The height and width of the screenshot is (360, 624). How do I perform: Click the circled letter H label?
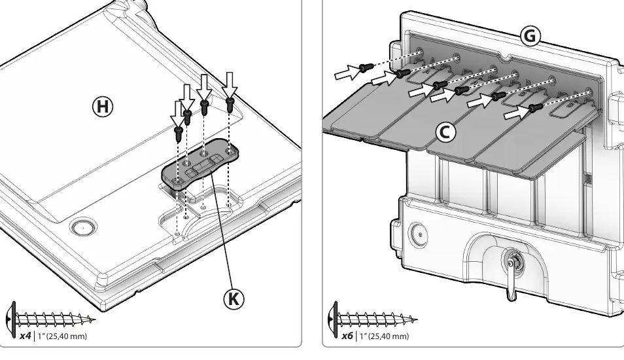(x=103, y=107)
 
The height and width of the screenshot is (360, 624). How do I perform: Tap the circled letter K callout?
(x=234, y=298)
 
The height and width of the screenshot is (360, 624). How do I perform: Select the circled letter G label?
(x=530, y=36)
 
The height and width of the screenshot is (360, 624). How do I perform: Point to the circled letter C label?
(x=445, y=132)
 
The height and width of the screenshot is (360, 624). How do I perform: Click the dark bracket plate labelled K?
(x=200, y=163)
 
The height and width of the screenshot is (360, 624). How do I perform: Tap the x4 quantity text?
(x=25, y=336)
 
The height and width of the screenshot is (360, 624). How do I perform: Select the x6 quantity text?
(x=347, y=336)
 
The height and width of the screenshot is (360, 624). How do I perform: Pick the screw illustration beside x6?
(x=373, y=319)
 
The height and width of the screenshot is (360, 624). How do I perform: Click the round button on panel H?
(x=83, y=227)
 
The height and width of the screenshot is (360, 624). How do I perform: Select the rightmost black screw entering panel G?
(x=536, y=107)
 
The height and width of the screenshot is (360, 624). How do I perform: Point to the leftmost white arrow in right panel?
(x=348, y=72)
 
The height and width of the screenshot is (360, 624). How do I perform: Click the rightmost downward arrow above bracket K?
(x=229, y=85)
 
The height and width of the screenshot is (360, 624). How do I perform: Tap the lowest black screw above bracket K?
(x=179, y=134)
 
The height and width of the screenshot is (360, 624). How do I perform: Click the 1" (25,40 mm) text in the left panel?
(x=62, y=336)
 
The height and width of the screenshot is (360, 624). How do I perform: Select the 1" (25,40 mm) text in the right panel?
(x=384, y=336)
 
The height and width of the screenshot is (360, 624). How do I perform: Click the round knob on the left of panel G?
(x=419, y=234)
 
